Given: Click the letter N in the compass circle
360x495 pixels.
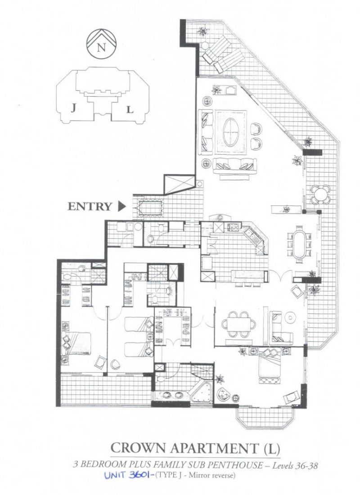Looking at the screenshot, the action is tap(101, 48).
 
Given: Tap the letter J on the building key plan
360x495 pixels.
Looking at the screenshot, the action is tap(73, 109).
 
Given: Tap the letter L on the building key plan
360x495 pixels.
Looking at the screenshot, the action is tap(130, 110).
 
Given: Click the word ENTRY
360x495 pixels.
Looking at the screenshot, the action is tap(90, 206).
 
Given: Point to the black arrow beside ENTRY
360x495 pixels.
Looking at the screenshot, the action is tap(121, 206).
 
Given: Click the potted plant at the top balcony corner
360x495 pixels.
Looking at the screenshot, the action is tap(202, 31).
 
